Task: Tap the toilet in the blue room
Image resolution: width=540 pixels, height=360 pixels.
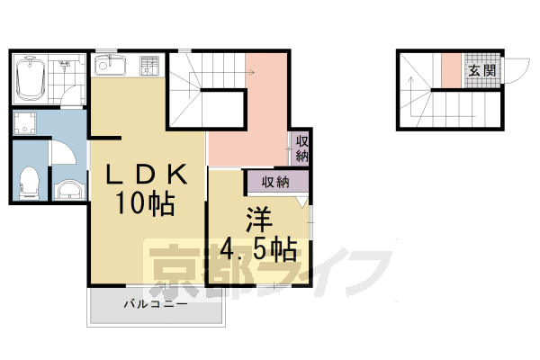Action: [29, 183]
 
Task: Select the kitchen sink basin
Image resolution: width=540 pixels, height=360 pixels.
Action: [111, 65]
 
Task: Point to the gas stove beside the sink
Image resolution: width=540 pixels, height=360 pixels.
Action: [148, 65]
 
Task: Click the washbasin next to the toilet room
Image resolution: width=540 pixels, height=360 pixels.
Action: [68, 189]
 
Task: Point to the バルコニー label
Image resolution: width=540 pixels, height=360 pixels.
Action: [155, 305]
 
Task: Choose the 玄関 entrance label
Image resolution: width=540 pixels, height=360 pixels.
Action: [481, 70]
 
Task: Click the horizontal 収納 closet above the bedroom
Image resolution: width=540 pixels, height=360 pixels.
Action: [274, 182]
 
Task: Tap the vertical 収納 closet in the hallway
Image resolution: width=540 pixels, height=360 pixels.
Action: [301, 148]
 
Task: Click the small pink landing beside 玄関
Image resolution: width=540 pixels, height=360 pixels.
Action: [450, 70]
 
